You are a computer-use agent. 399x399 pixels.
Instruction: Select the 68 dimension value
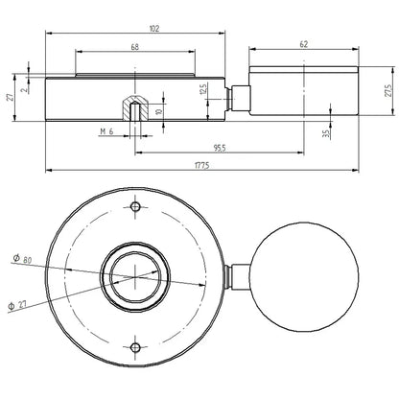coord(134,47)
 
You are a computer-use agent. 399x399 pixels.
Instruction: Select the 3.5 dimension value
coord(326,129)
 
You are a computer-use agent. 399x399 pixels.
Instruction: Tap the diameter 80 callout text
coord(21,259)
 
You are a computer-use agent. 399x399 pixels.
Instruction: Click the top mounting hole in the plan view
coord(137,207)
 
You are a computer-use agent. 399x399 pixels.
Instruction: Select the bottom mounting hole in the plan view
coord(137,346)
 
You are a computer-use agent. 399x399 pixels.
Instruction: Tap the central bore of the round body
coord(137,277)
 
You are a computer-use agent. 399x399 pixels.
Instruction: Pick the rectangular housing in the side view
coord(305,94)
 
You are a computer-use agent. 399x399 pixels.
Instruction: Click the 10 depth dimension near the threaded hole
coord(159,110)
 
